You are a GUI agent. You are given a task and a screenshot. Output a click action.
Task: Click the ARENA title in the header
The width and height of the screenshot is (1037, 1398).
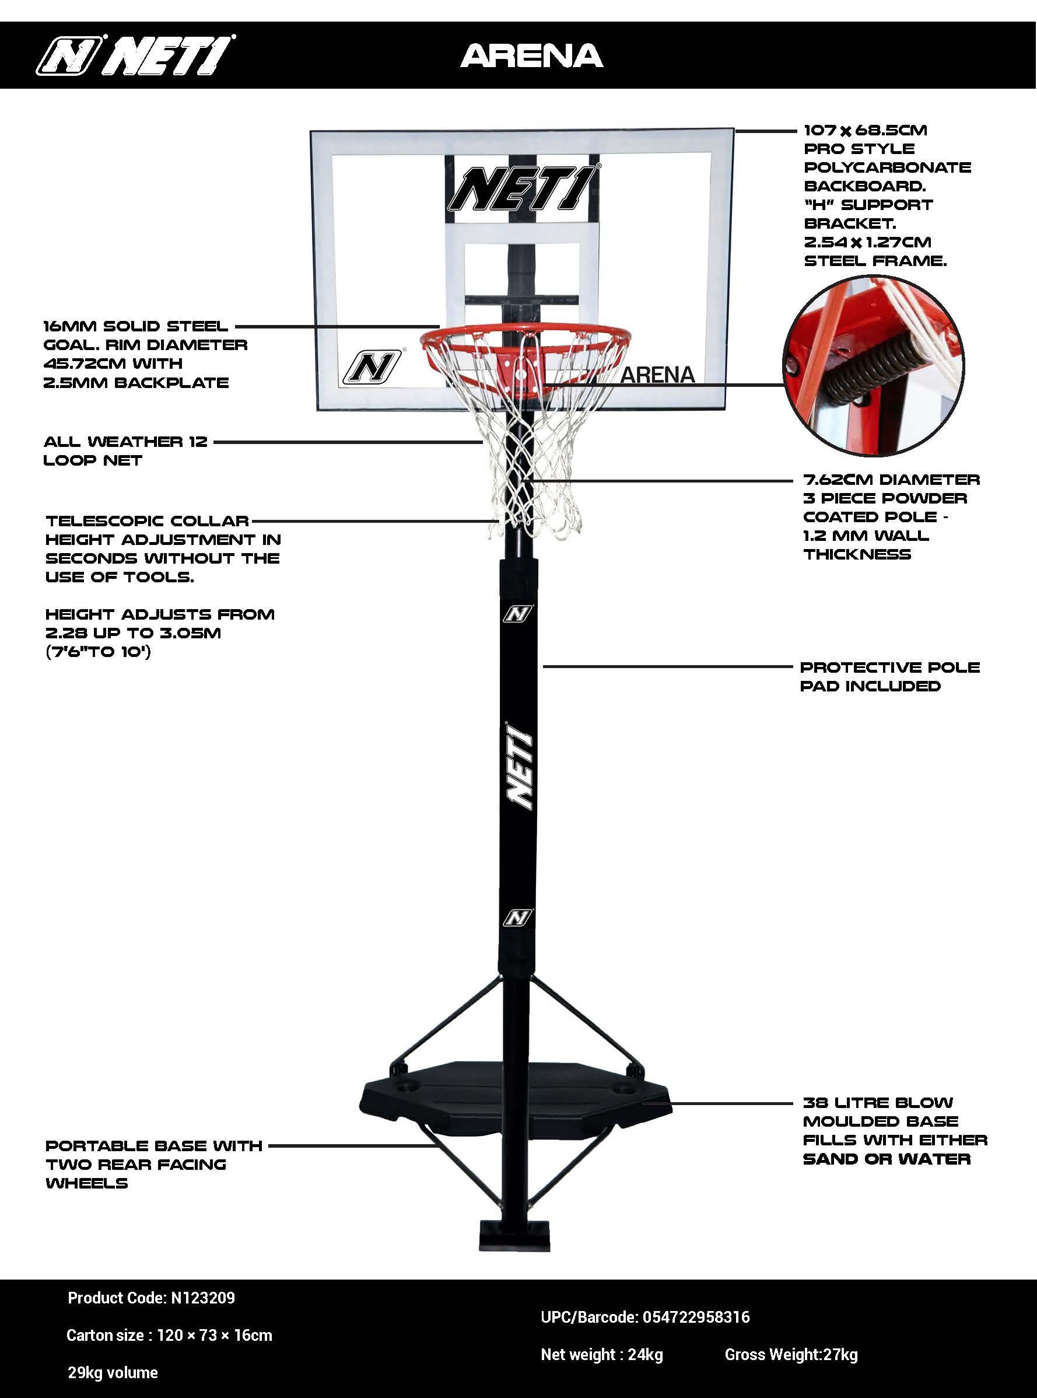pyautogui.click(x=532, y=56)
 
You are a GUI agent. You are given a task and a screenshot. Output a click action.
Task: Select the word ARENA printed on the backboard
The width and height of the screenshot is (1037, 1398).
pyautogui.click(x=657, y=375)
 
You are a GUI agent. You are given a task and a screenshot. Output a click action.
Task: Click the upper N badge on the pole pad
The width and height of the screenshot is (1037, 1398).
pyautogui.click(x=518, y=614)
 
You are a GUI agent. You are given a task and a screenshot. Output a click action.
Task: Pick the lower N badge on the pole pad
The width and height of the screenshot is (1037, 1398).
pyautogui.click(x=517, y=918)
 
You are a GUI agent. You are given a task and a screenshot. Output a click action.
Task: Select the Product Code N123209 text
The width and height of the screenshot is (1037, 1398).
pyautogui.click(x=151, y=1298)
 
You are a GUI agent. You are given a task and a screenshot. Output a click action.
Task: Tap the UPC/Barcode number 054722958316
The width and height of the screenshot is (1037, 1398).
pyautogui.click(x=645, y=1317)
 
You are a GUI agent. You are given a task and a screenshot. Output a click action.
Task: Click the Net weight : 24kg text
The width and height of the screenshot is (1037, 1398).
pyautogui.click(x=601, y=1355)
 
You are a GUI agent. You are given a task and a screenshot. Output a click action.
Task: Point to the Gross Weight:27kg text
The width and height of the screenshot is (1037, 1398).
pyautogui.click(x=791, y=1355)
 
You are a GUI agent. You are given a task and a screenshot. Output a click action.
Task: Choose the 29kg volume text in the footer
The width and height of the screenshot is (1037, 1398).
pyautogui.click(x=113, y=1373)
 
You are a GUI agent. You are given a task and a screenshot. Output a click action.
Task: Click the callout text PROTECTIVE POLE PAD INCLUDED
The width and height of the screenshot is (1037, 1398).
pyautogui.click(x=889, y=676)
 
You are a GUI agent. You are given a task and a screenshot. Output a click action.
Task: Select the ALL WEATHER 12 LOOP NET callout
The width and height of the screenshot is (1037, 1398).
pyautogui.click(x=125, y=451)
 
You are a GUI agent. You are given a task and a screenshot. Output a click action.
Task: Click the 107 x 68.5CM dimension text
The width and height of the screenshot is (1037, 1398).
pyautogui.click(x=865, y=131)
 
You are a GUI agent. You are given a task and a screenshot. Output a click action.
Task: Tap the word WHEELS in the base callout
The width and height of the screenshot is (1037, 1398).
pyautogui.click(x=87, y=1183)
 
